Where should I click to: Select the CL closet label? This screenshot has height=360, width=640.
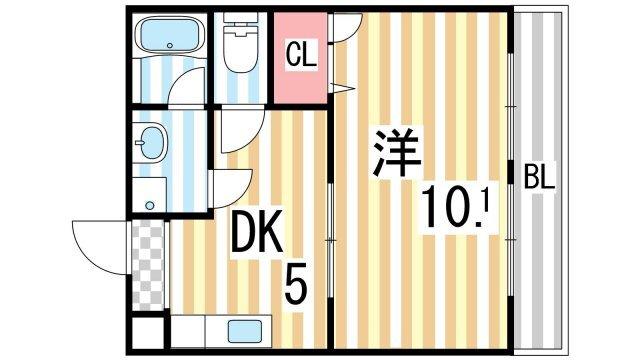coord(301,56)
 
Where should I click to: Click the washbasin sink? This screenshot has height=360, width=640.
coord(153,143)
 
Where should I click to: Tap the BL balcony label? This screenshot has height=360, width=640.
coord(541,179)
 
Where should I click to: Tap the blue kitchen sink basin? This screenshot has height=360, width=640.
coord(244,331)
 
